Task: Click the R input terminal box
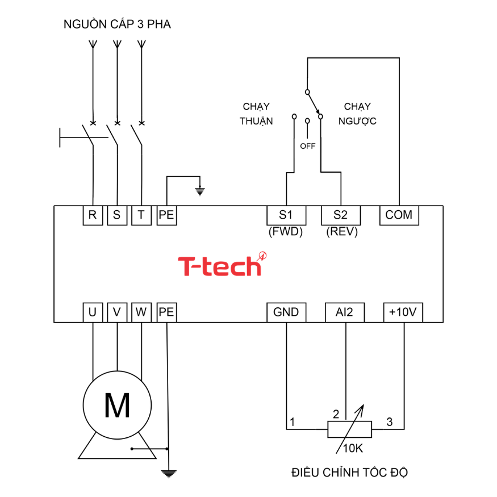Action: coord(92,215)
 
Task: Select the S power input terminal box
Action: coord(116,215)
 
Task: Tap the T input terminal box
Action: coord(141,215)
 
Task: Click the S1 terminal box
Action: coord(286,215)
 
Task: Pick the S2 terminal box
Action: coord(340,215)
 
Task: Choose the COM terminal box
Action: coord(399,215)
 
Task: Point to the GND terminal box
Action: coord(286,312)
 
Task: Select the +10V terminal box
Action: coord(403,312)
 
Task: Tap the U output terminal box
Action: coord(92,312)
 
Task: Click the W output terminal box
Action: coord(141,312)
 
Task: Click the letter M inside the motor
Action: coord(117,405)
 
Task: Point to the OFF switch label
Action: coord(307,146)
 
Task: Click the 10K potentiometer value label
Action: coord(353,448)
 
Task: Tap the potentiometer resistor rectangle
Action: coord(349,429)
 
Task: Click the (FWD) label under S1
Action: coord(286,232)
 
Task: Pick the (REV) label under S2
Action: coord(341,232)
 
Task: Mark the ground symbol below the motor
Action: coord(168,473)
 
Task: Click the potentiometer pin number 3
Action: coord(389,422)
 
